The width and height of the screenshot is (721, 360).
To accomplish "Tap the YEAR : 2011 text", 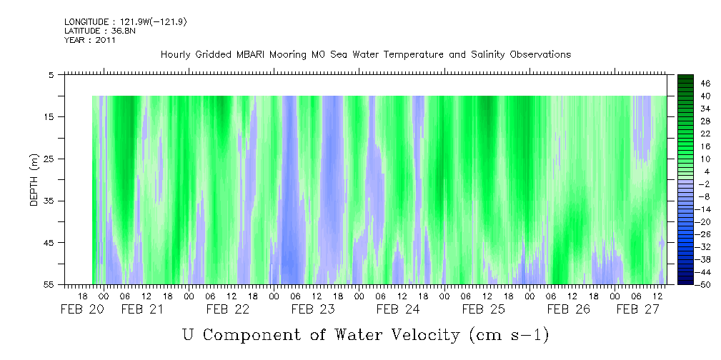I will tap(90, 41).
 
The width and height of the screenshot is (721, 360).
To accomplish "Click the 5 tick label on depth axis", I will tap(51, 74).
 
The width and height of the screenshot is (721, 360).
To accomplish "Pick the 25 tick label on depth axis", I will tap(49, 159).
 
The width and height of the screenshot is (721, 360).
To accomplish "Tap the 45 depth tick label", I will tap(49, 243).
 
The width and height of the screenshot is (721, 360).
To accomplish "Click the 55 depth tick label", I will tap(49, 284).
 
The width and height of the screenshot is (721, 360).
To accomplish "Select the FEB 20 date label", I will tap(82, 310).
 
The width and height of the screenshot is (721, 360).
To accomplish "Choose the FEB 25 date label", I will tap(484, 310).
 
